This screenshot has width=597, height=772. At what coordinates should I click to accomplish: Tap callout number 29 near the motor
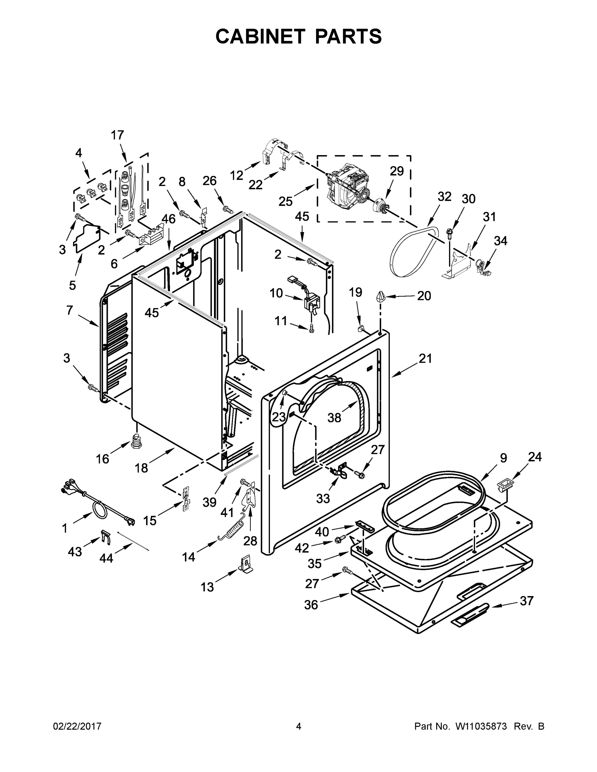tap(396, 171)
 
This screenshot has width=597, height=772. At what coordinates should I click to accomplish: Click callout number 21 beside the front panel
tap(425, 358)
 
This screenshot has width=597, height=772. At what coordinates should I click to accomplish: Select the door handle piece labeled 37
tap(471, 615)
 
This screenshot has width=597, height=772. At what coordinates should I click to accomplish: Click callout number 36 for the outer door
tap(311, 605)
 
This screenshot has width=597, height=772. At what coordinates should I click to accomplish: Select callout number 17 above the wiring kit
tap(117, 135)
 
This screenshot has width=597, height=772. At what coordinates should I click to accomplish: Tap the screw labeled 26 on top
tap(228, 210)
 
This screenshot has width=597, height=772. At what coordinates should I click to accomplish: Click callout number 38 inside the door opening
tap(334, 418)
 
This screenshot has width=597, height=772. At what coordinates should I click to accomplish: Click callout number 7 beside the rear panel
tap(69, 310)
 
